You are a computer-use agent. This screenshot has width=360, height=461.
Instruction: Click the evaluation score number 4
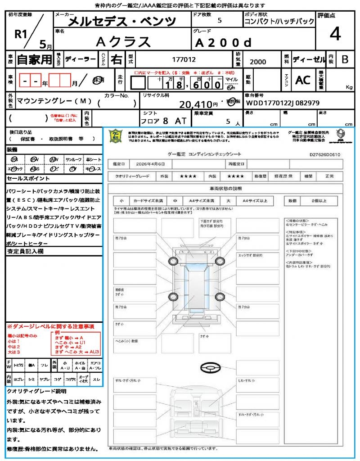[x=335, y=34]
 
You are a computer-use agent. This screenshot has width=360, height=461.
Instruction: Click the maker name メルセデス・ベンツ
[x=121, y=21]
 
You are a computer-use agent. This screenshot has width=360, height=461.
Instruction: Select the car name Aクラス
[x=123, y=41]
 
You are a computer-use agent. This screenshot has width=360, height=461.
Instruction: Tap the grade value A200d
[x=223, y=43]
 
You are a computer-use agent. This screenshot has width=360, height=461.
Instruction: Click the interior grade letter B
[x=345, y=59]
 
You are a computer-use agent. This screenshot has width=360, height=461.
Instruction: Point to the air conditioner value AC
[x=303, y=80]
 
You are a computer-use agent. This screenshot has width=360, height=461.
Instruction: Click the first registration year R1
[x=21, y=36]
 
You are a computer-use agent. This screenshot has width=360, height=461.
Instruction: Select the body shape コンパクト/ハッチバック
[x=279, y=22]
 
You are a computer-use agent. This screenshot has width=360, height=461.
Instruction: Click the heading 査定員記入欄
[x=26, y=251]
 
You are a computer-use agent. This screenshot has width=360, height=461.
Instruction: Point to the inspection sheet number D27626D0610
[x=324, y=154]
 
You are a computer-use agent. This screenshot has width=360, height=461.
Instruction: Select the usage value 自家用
[x=34, y=59]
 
